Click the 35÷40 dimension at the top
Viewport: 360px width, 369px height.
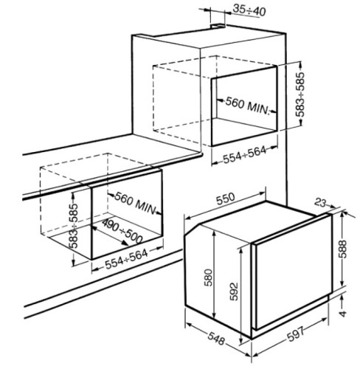pos(249,10)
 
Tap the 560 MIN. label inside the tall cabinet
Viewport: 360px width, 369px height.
pos(248,106)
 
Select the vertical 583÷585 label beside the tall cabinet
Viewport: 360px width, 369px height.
pos(300,94)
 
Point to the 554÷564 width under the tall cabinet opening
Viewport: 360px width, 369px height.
pos(245,155)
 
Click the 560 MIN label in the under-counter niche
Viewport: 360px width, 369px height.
pos(136,203)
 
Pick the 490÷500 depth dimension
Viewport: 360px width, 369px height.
pos(122,232)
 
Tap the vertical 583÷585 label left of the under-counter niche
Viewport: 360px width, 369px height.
pos(73,226)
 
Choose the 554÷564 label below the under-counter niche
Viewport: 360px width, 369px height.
pos(126,259)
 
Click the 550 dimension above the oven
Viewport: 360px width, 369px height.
pos(226,199)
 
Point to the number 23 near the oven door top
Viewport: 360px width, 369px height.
pos(321,203)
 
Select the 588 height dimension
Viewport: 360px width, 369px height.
pos(342,249)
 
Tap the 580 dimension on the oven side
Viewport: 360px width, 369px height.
pos(208,277)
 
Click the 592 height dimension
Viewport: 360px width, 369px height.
pos(234,292)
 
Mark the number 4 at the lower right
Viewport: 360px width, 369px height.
pos(342,314)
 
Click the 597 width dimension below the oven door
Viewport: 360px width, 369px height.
pos(296,334)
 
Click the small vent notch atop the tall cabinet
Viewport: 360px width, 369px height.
pos(218,26)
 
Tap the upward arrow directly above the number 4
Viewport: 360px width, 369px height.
pos(342,301)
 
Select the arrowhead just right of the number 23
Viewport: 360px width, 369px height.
pos(332,206)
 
